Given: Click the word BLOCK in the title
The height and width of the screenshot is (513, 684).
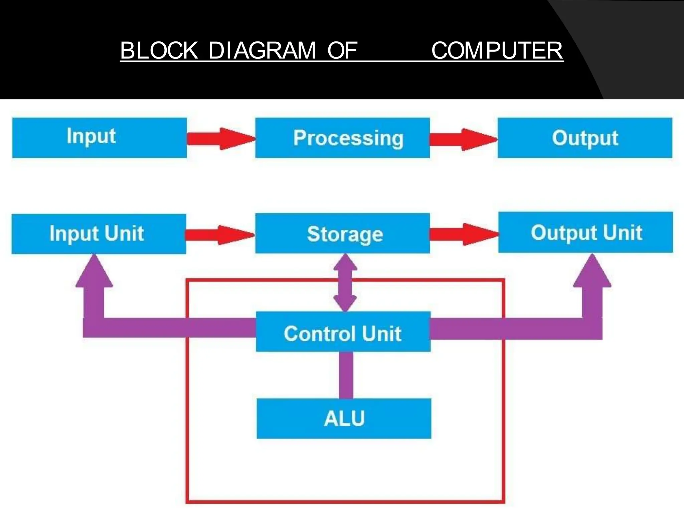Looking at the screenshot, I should pyautogui.click(x=159, y=51).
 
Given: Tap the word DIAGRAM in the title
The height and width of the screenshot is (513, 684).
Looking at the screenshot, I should pyautogui.click(x=262, y=51).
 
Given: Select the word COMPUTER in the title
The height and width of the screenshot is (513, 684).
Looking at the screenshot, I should pyautogui.click(x=497, y=51).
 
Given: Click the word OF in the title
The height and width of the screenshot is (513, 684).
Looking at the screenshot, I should pyautogui.click(x=342, y=51).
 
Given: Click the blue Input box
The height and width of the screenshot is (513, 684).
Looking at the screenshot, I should pyautogui.click(x=99, y=137).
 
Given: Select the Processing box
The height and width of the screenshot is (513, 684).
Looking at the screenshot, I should pyautogui.click(x=342, y=137).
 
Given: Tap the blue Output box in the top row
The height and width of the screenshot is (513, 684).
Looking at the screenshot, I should pyautogui.click(x=585, y=137).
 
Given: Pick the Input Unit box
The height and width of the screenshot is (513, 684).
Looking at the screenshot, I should pyautogui.click(x=99, y=234).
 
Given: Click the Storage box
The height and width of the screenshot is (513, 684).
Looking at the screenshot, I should pyautogui.click(x=342, y=233).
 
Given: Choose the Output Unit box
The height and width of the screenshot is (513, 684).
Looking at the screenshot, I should pyautogui.click(x=585, y=232).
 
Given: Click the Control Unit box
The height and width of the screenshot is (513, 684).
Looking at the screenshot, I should pyautogui.click(x=343, y=331).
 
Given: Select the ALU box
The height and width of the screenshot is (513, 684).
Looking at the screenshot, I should pyautogui.click(x=344, y=418).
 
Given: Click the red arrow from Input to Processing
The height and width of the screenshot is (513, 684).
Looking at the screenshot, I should pyautogui.click(x=220, y=139).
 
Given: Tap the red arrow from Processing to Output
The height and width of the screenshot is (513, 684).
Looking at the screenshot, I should pyautogui.click(x=463, y=139).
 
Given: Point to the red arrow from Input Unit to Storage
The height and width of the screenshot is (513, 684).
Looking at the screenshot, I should pyautogui.click(x=219, y=235).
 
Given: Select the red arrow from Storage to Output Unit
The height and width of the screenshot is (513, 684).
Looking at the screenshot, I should pyautogui.click(x=464, y=234).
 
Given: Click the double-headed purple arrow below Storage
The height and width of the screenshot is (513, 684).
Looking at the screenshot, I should pyautogui.click(x=345, y=283).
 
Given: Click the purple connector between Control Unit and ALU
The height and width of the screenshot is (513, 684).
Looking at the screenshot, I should pyautogui.click(x=346, y=375).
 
